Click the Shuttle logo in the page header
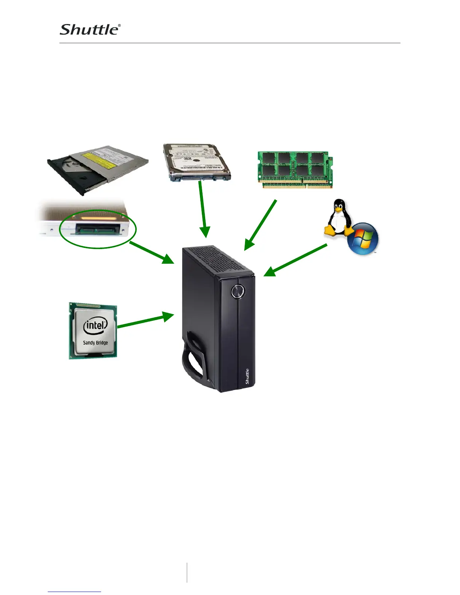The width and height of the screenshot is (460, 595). (x=90, y=30)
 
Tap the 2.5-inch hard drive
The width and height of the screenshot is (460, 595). (x=197, y=162)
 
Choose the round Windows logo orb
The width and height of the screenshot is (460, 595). (x=363, y=239)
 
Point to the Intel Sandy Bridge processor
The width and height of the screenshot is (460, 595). (x=93, y=331)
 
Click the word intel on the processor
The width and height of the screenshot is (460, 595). (x=95, y=325)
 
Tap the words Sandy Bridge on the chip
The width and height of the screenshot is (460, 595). (x=95, y=343)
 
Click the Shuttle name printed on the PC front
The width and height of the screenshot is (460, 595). (x=247, y=376)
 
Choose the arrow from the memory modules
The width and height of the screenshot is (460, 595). (x=260, y=225)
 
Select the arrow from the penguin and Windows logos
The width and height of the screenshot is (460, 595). (x=295, y=260)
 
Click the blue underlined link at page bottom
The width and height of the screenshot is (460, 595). (x=74, y=592)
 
